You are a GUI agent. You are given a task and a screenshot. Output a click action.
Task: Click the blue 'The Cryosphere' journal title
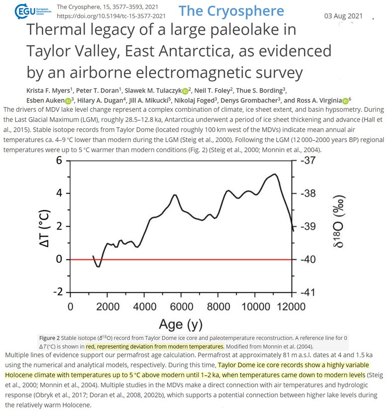tap(231, 11)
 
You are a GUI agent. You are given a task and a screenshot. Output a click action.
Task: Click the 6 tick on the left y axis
tap(59, 161)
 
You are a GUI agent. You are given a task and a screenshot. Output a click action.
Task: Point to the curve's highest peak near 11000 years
tap(275, 174)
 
